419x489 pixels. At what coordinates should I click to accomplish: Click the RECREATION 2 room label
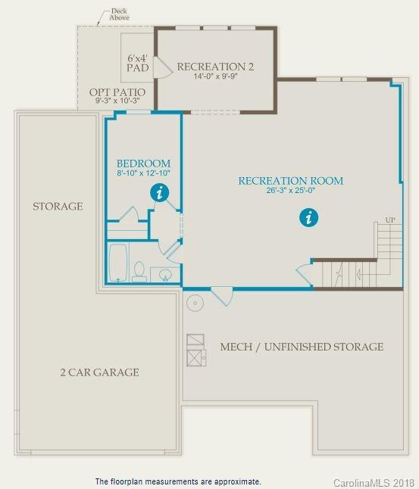215,67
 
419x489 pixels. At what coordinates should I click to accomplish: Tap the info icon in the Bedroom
158,193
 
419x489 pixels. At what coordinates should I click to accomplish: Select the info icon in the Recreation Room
308,218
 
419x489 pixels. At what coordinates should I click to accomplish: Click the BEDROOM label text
143,164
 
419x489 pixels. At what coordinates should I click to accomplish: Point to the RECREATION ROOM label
290,181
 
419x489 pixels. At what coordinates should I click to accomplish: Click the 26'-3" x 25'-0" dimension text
290,191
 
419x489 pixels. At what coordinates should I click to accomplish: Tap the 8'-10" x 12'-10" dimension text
143,173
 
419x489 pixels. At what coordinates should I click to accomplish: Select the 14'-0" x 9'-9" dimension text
215,76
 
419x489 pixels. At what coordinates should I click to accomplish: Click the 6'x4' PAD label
137,62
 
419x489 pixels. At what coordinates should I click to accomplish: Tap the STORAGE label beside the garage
58,206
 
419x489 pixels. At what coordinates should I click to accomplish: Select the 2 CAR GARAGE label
99,372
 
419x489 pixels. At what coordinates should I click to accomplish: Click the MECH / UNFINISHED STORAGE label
302,347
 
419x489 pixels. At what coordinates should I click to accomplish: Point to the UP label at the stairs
390,220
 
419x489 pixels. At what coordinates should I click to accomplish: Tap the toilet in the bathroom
139,271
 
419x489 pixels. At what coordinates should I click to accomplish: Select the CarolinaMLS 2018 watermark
371,481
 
